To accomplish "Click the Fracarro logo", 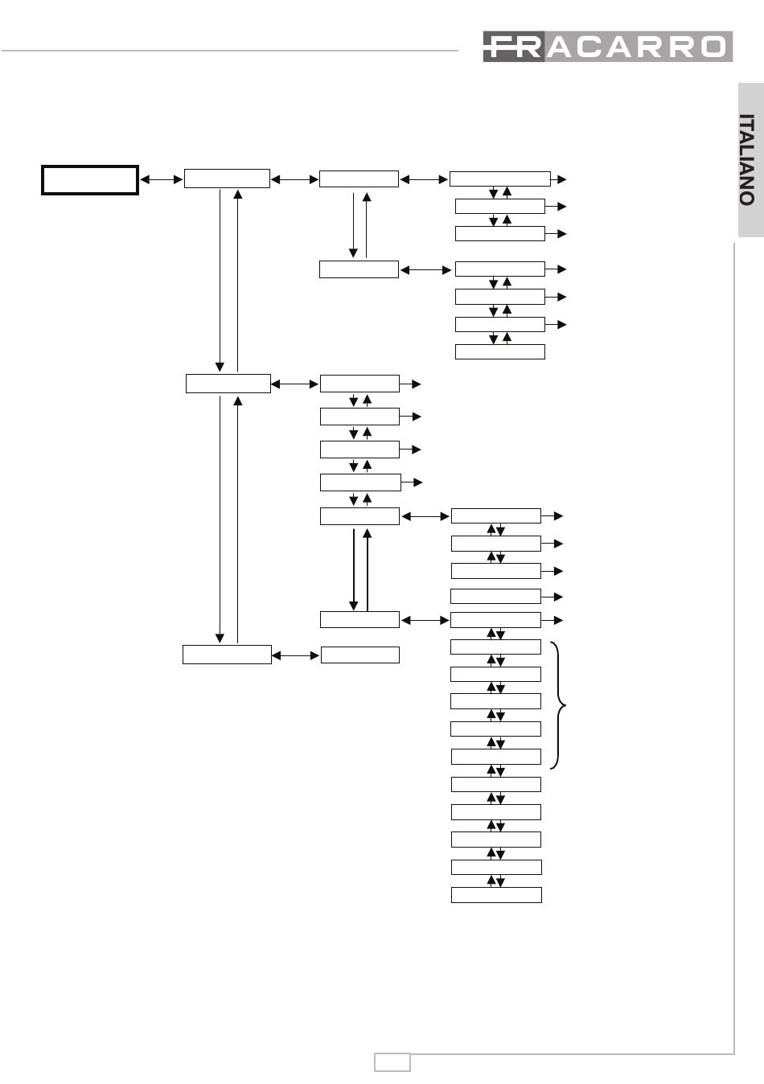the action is point(608,47).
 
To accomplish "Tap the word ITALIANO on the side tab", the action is point(746,160).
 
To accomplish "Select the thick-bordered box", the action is point(90,180).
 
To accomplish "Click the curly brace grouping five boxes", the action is point(558,705).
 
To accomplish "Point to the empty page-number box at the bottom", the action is point(392,1062).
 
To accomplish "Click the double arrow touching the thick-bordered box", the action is point(161,179).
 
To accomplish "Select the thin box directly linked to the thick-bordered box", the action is point(227,179).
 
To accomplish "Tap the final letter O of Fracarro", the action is point(713,47).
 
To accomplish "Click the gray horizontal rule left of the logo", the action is point(230,51).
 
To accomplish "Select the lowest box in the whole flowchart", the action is point(496,895).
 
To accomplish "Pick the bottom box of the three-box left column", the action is point(227,655).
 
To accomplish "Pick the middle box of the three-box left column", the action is point(228,384).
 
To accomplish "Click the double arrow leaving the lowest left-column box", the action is point(296,655).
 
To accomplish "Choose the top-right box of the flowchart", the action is point(500,179).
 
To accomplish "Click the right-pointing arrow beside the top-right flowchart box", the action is point(558,179).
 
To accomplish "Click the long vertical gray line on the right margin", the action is point(734,648).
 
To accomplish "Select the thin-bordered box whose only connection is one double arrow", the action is point(360,655).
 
